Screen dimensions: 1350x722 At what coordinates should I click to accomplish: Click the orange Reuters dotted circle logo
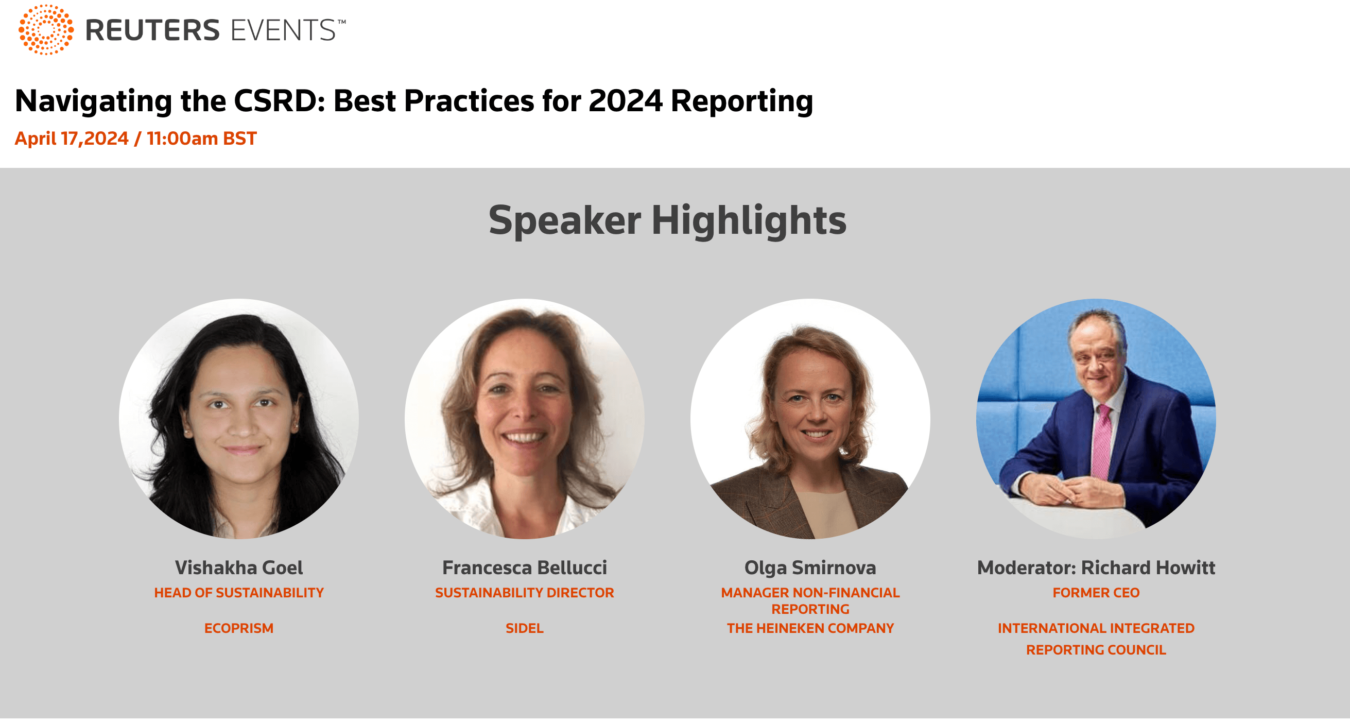point(46,29)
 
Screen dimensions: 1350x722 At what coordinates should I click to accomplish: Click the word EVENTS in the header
point(283,30)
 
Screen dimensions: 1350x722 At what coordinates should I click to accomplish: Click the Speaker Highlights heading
point(667,220)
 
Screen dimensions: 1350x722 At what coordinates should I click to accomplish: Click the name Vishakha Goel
point(239,568)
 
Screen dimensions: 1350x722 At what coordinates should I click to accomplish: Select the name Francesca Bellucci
point(525,568)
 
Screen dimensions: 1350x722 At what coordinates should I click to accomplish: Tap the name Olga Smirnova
point(810,568)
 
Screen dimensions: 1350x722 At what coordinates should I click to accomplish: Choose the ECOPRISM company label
point(239,628)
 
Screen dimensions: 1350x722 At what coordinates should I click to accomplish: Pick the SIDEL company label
point(525,628)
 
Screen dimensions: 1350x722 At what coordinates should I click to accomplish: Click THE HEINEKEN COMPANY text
point(810,628)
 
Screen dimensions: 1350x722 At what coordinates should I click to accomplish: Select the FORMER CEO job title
point(1096,593)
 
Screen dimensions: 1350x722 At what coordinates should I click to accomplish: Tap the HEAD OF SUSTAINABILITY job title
point(239,593)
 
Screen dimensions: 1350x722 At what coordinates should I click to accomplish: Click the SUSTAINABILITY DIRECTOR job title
point(525,593)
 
